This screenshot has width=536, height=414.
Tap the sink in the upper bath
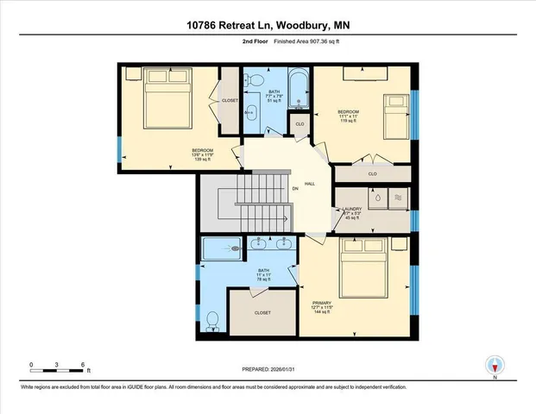(x=250, y=112)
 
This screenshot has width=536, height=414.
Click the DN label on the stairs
(x=294, y=188)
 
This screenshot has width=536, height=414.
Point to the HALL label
(x=309, y=184)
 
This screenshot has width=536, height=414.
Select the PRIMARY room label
(x=320, y=303)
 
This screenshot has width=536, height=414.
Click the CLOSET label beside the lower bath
(x=263, y=312)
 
